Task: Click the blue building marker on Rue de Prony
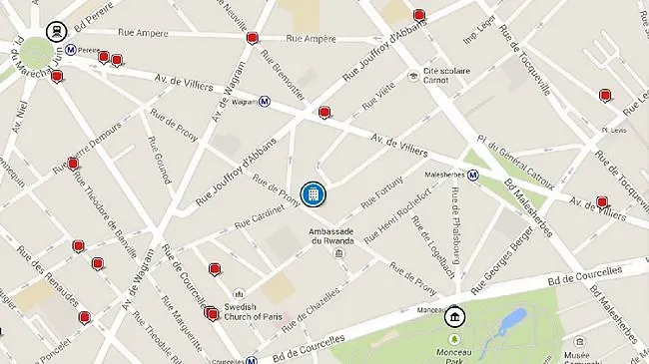click(x=313, y=192)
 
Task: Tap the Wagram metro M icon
click(x=265, y=101)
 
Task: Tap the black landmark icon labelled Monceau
click(x=454, y=317)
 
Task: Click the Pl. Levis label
click(x=612, y=130)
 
